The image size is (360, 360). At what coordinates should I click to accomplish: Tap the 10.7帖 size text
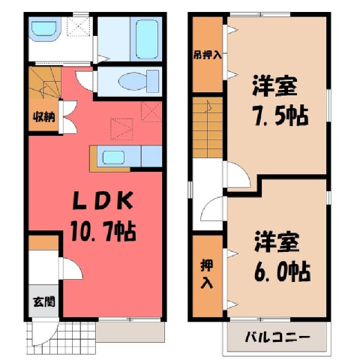pos(103,232)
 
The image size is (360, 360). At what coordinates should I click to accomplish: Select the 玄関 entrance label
pos(44,301)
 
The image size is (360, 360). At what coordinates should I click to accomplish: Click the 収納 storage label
pos(44,117)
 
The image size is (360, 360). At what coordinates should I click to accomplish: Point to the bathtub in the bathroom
pos(147,38)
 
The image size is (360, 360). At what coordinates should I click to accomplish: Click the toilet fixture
pos(139,80)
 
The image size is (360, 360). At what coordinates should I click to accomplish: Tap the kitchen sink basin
pos(113,157)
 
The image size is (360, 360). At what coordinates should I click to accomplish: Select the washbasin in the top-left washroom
pos(44,28)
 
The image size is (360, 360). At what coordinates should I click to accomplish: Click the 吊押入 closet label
pos(207,55)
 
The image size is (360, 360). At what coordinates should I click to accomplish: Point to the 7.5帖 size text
pos(281,116)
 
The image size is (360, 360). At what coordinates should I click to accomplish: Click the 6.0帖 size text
pos(283,271)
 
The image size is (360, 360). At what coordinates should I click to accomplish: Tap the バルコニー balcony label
pos(277,337)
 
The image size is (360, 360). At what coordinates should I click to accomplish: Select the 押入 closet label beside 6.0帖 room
pos(207,274)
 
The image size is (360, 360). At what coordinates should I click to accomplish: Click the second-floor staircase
pos(208,127)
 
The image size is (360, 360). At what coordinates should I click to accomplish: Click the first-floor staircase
pos(45,82)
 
